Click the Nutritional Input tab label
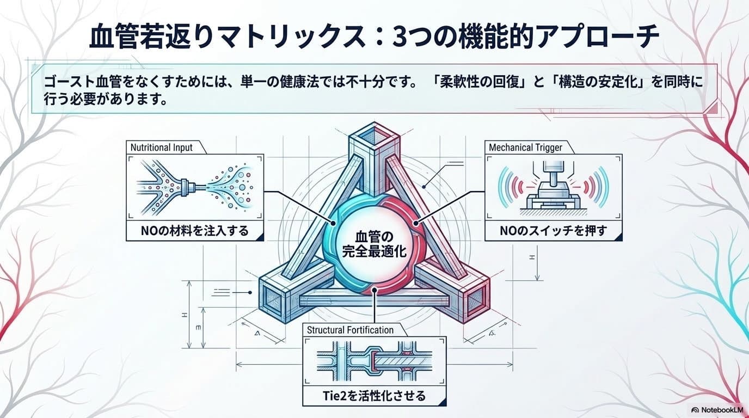pyautogui.click(x=162, y=147)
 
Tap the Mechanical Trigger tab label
pyautogui.click(x=526, y=147)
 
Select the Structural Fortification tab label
pyautogui.click(x=350, y=330)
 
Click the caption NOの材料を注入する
pyautogui.click(x=195, y=231)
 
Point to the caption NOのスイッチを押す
pyautogui.click(x=553, y=231)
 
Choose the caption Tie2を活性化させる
pyautogui.click(x=374, y=396)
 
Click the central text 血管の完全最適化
pyautogui.click(x=374, y=244)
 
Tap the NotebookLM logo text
pyautogui.click(x=719, y=410)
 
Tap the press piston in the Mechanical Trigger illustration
pyautogui.click(x=550, y=171)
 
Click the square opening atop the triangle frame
pyautogui.click(x=374, y=137)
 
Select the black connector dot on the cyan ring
pyautogui.click(x=333, y=223)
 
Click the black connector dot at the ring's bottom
pyautogui.click(x=374, y=290)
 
